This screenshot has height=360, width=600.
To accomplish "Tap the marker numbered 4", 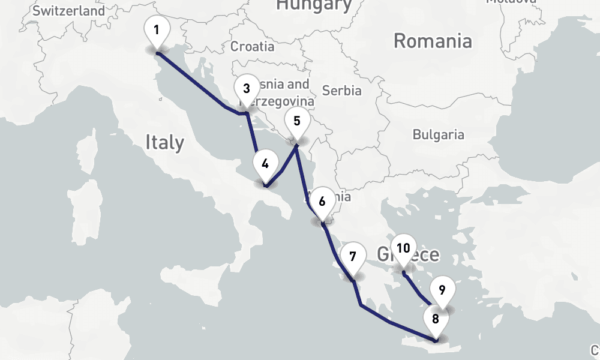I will pyautogui.click(x=265, y=163).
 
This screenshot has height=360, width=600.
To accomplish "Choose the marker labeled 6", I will pyautogui.click(x=322, y=202).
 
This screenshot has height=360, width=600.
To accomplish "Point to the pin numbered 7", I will pyautogui.click(x=353, y=257).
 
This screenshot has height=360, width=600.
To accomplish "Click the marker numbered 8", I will pyautogui.click(x=436, y=319).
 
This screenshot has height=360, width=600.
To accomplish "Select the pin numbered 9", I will pyautogui.click(x=442, y=291).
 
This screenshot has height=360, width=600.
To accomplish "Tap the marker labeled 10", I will pyautogui.click(x=403, y=248).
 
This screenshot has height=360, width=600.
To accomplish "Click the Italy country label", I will pyautogui.click(x=164, y=143).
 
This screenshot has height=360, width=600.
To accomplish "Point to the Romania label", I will pyautogui.click(x=433, y=41).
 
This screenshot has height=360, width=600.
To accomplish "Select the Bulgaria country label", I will pyautogui.click(x=439, y=134).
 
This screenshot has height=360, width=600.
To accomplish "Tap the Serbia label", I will pyautogui.click(x=342, y=91).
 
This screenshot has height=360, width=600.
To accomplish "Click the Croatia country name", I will pyautogui.click(x=253, y=46).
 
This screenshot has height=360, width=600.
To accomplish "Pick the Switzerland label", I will pyautogui.click(x=68, y=11).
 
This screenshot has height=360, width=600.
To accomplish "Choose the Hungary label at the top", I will pyautogui.click(x=313, y=5).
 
